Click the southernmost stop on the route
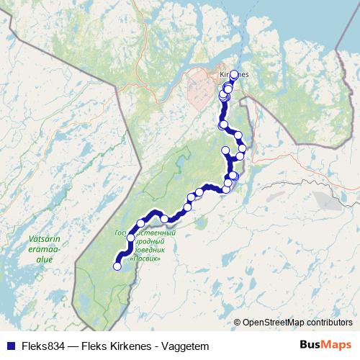(117, 266)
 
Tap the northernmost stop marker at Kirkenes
(234, 74)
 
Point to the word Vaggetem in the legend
(186, 345)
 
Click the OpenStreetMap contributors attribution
(297, 323)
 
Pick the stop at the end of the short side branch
(225, 150)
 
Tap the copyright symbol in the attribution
(238, 323)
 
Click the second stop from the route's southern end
(131, 238)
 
